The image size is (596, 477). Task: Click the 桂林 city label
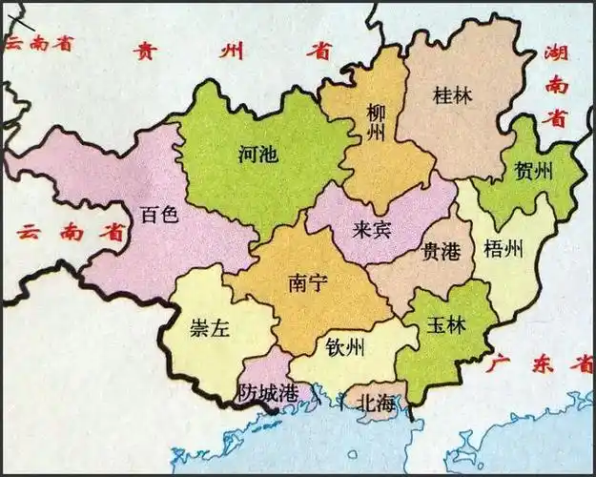point(452,95)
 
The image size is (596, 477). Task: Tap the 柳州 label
point(376,122)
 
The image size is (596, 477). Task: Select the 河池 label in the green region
point(258,154)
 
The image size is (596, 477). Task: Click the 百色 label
point(158,214)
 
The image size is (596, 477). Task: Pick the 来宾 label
point(370,229)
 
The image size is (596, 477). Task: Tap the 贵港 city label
point(441,251)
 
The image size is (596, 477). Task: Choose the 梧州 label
point(504,250)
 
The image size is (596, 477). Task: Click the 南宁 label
point(308,283)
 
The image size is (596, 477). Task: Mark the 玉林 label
point(445,324)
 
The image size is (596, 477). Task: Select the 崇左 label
point(210,329)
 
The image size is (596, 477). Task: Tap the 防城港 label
point(269,392)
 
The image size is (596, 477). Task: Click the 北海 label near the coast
point(374,404)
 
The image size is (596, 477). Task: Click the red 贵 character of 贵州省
point(145,51)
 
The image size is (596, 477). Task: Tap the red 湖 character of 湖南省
point(557,54)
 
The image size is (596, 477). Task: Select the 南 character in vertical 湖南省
point(557,86)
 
